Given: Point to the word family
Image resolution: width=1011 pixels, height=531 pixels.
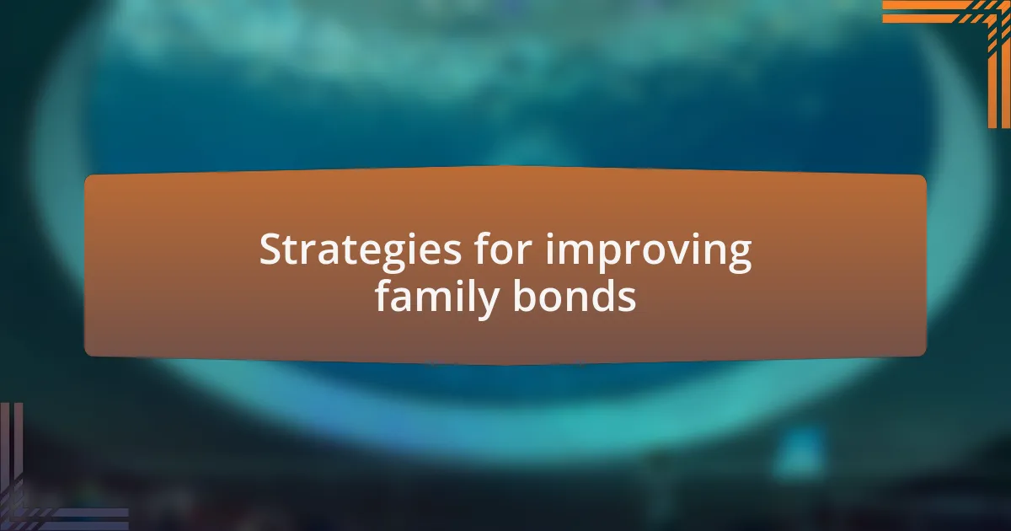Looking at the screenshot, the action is click(436, 298).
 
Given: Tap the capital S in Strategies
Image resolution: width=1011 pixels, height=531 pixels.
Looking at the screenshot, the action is click(272, 249).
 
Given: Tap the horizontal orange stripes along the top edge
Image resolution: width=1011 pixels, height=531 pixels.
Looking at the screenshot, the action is click(939, 12).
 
